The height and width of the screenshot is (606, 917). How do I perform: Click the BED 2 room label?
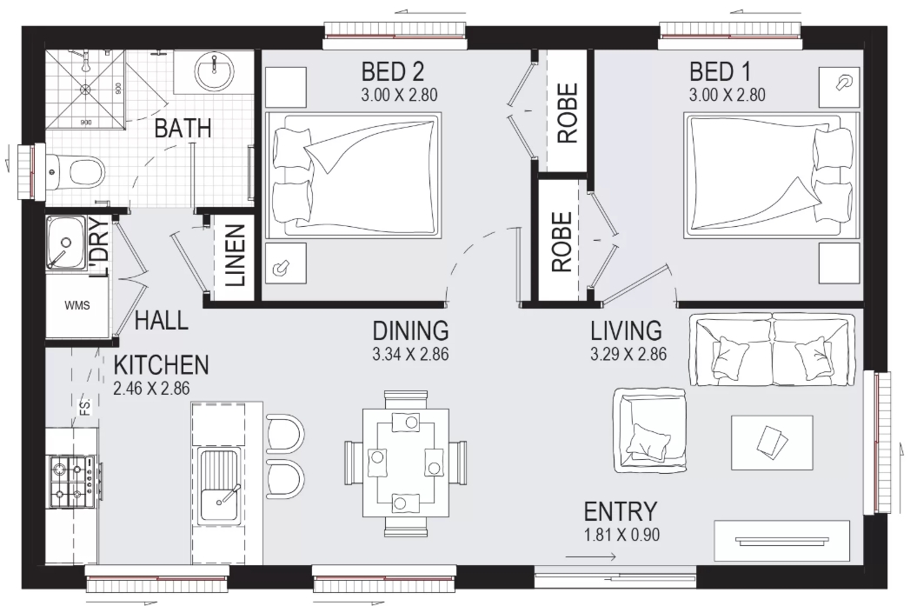coord(392,72)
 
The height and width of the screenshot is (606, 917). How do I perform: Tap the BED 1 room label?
coord(720,72)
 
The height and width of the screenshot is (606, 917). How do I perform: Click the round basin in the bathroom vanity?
coord(214,72)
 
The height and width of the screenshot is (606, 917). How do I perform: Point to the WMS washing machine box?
coord(77,305)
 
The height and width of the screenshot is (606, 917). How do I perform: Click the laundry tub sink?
coord(65,243)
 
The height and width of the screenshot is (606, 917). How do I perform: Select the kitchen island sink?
coord(219,486)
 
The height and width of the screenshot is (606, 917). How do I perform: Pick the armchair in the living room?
coord(649,431)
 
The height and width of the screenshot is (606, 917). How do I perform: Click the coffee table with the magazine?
coord(772,443)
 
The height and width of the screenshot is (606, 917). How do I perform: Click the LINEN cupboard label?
coord(235,256)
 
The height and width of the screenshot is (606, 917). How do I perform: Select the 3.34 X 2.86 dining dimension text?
coord(410,354)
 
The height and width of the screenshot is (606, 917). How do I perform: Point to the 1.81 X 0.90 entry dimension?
coord(621,535)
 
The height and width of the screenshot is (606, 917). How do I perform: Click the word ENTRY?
coord(621,512)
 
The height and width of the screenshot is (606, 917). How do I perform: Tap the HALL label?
coord(162,321)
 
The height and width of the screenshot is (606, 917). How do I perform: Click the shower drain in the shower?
coord(86,90)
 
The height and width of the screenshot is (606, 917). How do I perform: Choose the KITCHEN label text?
coord(161,365)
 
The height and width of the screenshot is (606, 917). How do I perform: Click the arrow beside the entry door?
coord(591,556)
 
